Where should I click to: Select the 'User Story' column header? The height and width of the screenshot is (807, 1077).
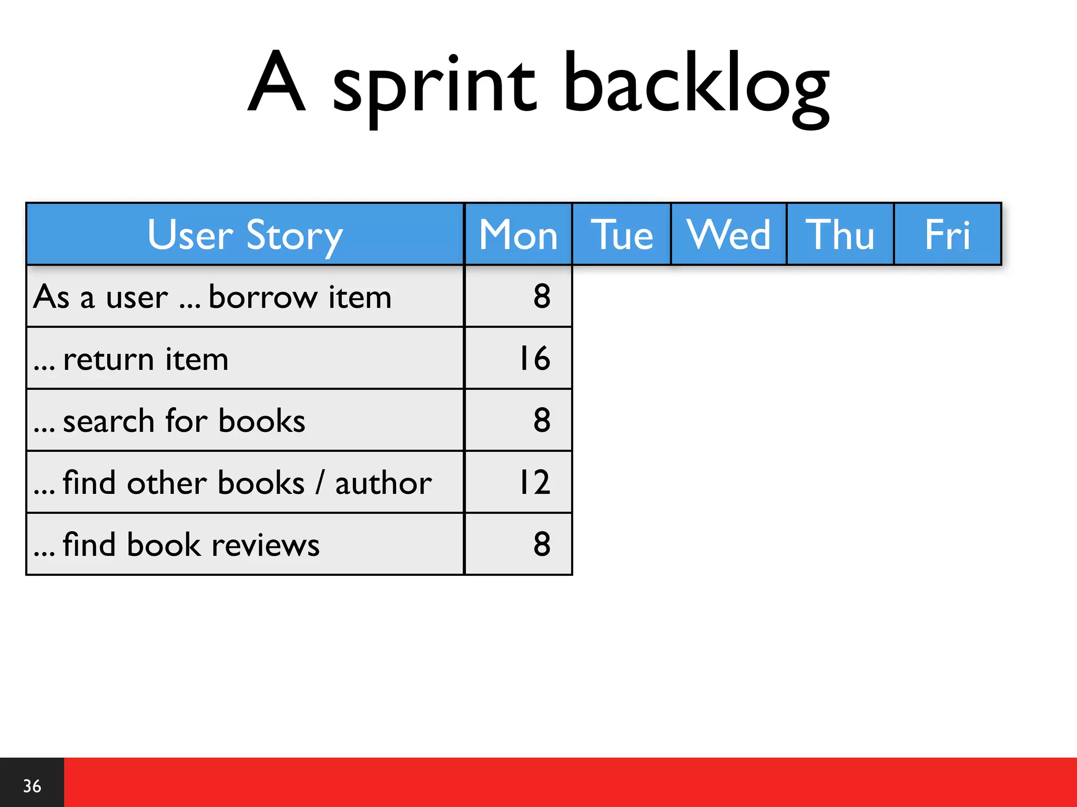click(x=245, y=235)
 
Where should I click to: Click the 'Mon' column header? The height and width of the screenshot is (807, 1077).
click(x=518, y=235)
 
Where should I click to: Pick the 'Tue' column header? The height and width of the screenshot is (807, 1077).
click(x=622, y=235)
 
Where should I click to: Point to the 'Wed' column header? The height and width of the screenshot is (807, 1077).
click(x=728, y=235)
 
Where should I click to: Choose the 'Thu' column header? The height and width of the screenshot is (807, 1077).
click(x=840, y=235)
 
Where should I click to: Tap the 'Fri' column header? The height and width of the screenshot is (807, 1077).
click(x=947, y=235)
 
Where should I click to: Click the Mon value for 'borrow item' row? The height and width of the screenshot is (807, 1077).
click(x=542, y=296)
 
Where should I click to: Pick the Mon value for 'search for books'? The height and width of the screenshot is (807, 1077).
click(x=542, y=420)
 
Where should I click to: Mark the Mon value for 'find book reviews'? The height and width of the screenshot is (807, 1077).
click(x=542, y=544)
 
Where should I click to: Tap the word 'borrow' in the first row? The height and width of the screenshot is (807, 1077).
click(x=263, y=297)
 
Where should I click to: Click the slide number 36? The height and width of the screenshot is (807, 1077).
click(x=32, y=786)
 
